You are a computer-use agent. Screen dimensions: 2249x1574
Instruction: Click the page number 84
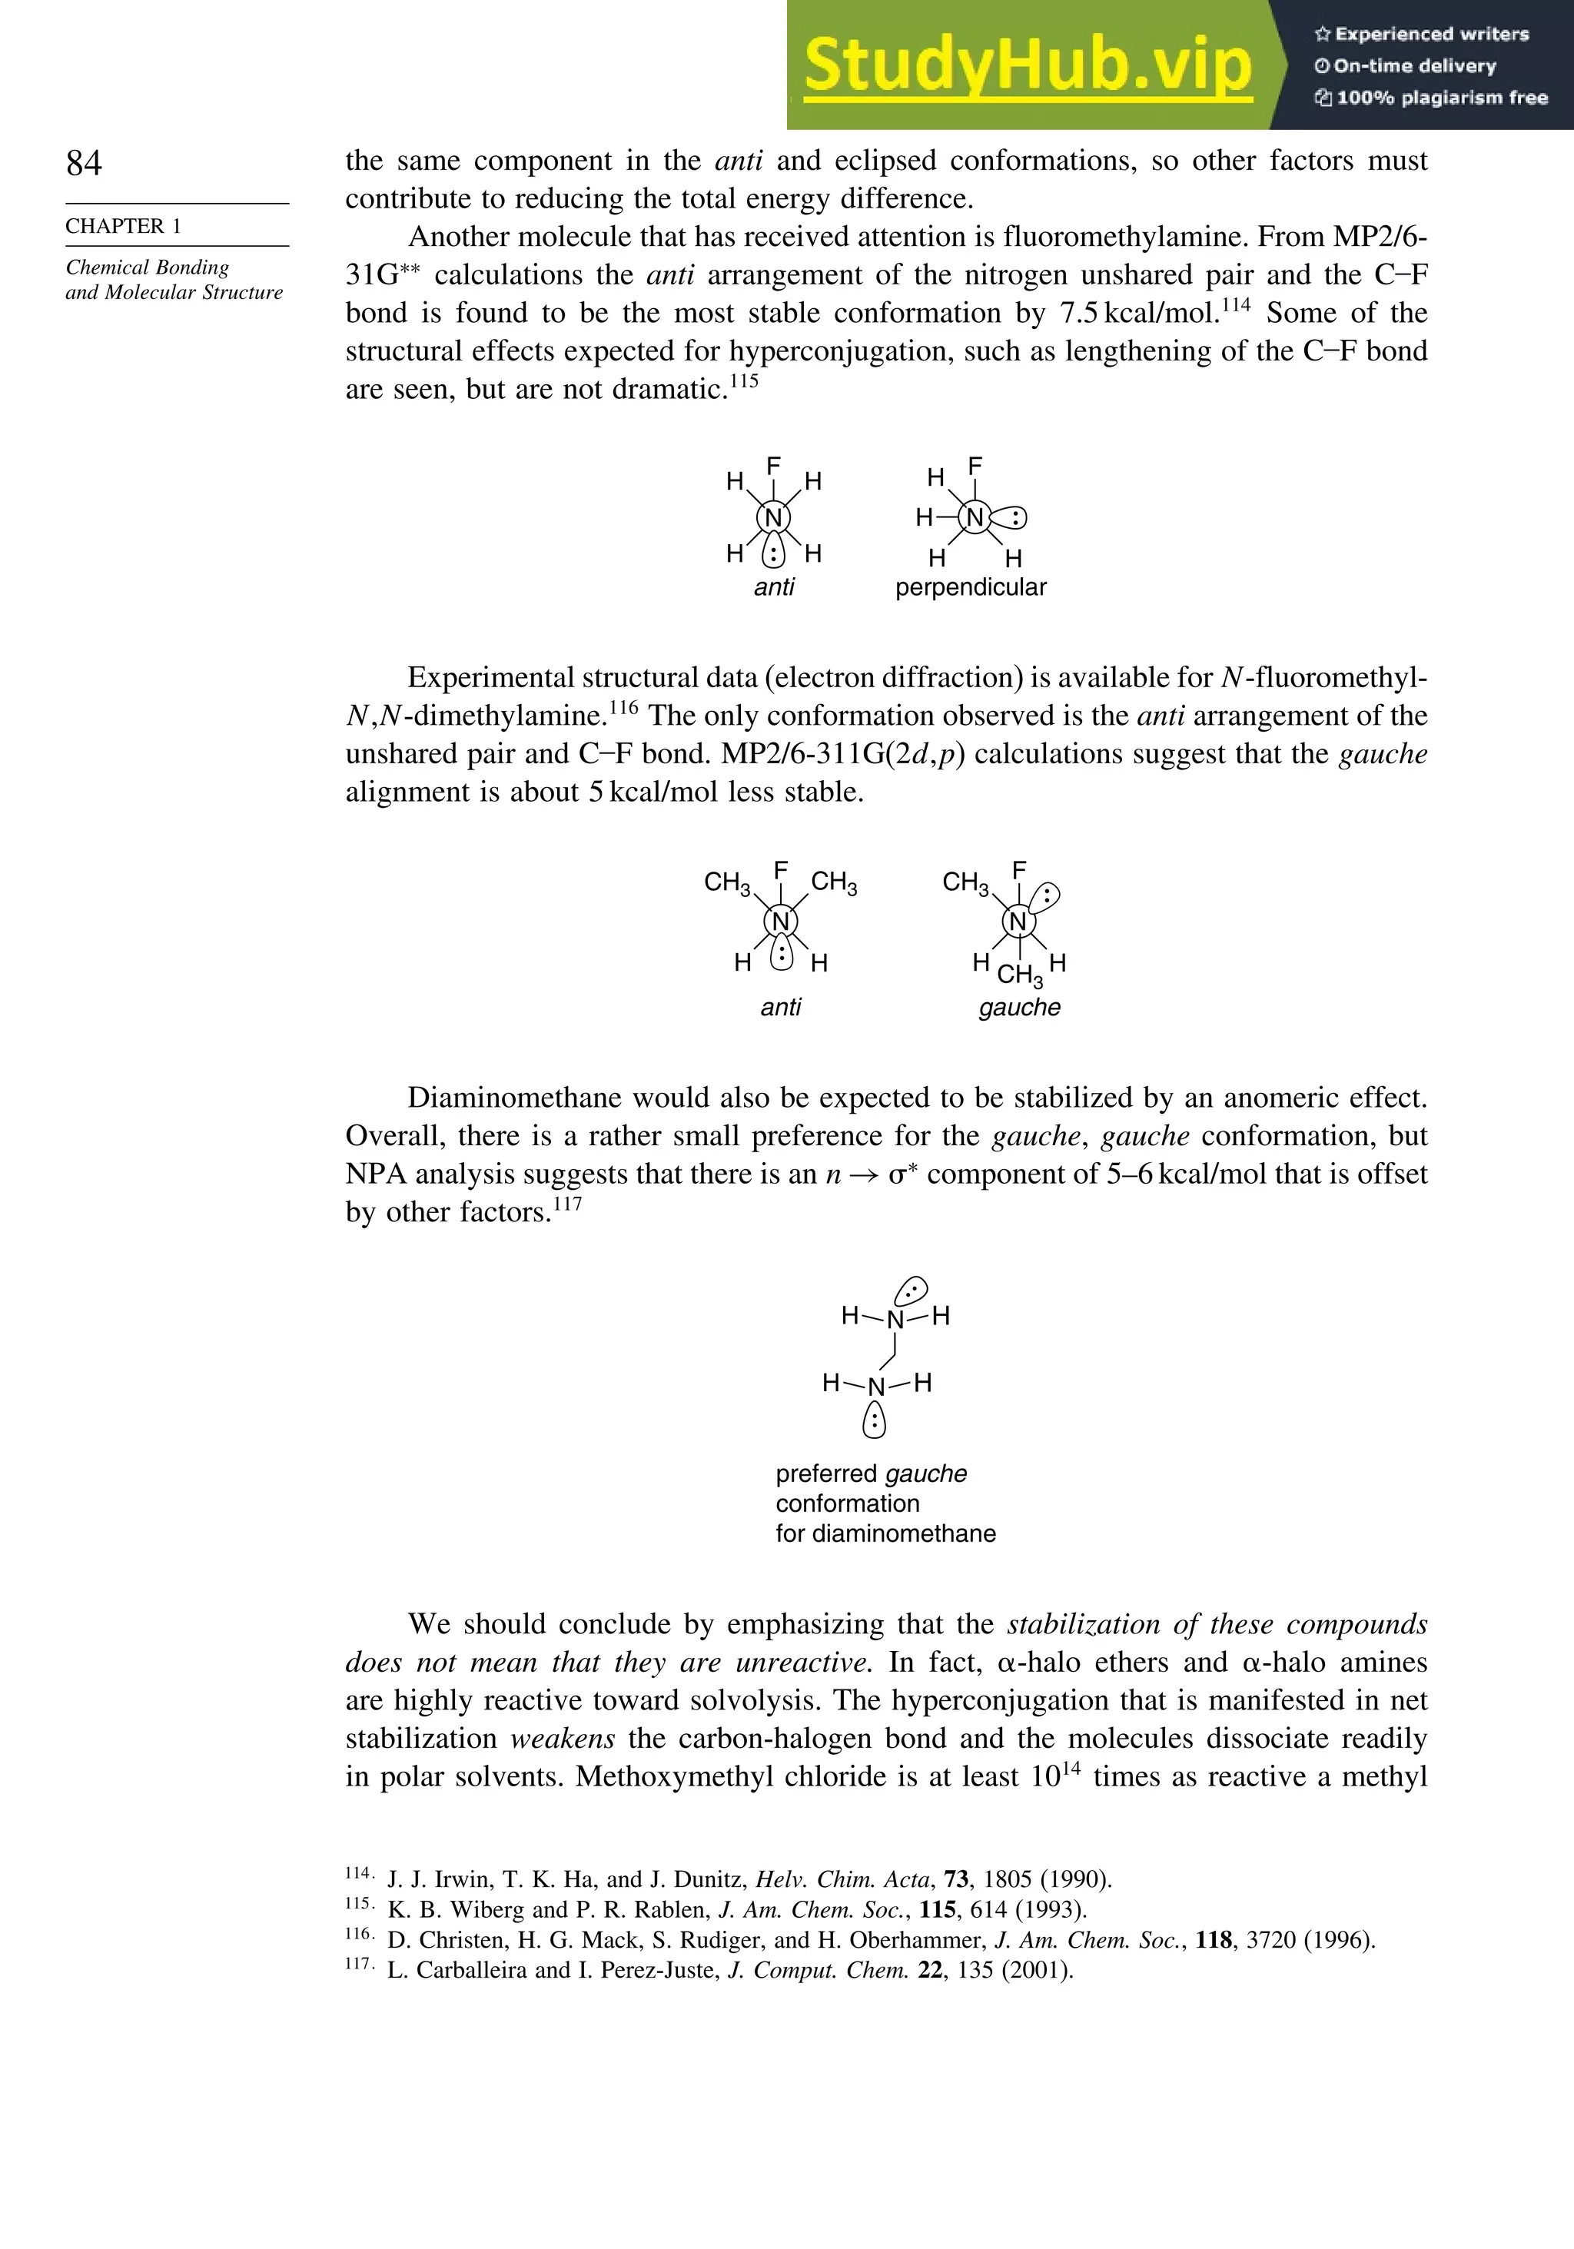[85, 163]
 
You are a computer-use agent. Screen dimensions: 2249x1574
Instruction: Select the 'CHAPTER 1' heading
[124, 226]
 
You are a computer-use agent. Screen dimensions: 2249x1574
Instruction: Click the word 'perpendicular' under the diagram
[971, 588]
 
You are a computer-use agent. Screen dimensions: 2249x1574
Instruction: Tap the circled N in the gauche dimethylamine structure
[1018, 922]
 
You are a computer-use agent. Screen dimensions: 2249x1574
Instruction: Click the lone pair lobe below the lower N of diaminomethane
[875, 1420]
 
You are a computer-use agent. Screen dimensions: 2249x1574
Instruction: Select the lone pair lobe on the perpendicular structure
[1010, 518]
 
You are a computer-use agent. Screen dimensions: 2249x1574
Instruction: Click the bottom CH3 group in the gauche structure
[1020, 975]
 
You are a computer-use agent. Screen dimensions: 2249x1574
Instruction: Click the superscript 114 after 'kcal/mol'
[1235, 304]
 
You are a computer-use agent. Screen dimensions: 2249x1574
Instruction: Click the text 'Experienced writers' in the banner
[1431, 35]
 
